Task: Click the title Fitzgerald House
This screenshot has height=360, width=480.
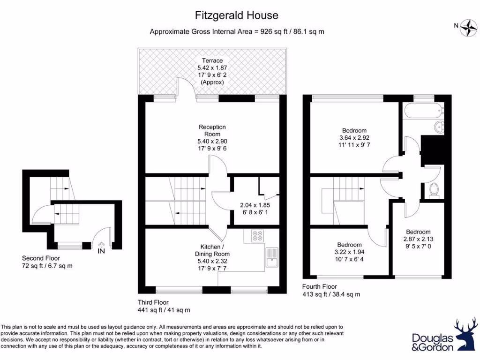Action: [237, 15]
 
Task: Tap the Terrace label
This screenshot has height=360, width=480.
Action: [212, 61]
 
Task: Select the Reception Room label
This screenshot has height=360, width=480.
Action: [212, 130]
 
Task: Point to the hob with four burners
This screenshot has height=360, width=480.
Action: [256, 235]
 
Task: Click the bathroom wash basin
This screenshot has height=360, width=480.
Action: [440, 127]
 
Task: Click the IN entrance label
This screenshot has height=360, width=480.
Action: [101, 251]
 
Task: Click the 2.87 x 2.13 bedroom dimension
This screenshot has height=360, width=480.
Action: [418, 239]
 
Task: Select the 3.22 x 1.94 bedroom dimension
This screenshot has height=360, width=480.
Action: [349, 252]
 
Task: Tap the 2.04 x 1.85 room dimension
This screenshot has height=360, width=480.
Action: [255, 205]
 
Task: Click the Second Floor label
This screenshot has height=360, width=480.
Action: [41, 258]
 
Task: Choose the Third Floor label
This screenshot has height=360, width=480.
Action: [153, 302]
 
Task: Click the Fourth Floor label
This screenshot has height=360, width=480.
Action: [320, 286]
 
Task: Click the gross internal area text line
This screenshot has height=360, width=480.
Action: [237, 32]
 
